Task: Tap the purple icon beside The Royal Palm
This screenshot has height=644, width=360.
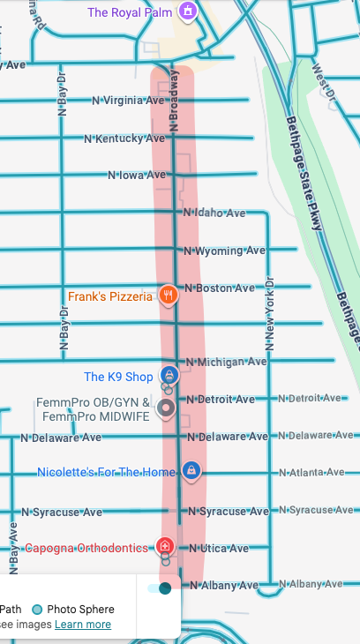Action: [x=187, y=11]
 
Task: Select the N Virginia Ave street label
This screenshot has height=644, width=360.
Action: [x=129, y=101]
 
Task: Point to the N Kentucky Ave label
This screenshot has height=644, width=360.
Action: [x=124, y=139]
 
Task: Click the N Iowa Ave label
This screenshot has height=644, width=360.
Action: [x=137, y=175]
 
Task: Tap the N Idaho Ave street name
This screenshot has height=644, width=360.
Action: [x=214, y=213]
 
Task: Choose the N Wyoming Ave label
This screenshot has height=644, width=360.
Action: [x=224, y=251]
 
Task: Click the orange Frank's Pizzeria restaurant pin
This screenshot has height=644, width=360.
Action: [x=168, y=295]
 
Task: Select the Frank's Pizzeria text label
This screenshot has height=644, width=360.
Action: [x=110, y=297]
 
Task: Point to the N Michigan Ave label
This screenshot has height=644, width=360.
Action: [x=226, y=362]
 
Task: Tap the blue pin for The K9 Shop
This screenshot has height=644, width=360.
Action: [x=168, y=375]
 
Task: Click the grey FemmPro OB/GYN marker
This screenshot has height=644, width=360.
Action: [x=165, y=408]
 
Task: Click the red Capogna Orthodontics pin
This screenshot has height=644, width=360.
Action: [x=164, y=546]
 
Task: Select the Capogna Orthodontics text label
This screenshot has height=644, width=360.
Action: [x=86, y=548]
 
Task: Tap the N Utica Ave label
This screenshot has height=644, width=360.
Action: [x=219, y=548]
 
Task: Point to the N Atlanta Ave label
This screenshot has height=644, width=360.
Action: [x=310, y=473]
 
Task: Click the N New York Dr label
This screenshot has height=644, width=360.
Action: [x=270, y=313]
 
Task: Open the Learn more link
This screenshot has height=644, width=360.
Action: [x=83, y=625]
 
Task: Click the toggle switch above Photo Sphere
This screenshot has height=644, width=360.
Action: [x=160, y=588]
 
